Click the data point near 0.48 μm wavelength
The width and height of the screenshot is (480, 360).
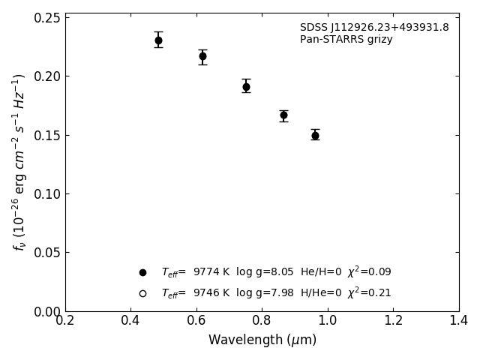[x=158, y=40]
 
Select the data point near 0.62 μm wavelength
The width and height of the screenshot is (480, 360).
[x=202, y=56]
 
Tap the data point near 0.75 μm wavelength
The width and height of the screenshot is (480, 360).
[x=246, y=87]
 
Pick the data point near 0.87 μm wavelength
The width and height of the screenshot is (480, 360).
[x=283, y=115]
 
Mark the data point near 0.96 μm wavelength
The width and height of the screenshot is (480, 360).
[x=315, y=136]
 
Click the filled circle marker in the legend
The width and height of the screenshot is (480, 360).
[x=142, y=272]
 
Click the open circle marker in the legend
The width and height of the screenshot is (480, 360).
[x=142, y=293]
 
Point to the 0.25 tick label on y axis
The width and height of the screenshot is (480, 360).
[x=46, y=18]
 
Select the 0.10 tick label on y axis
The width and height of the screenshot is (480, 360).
[x=46, y=194]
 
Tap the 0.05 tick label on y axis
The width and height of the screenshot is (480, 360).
[x=46, y=253]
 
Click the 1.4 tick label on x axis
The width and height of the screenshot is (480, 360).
[x=459, y=321]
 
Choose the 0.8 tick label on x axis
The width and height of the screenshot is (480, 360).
[x=262, y=321]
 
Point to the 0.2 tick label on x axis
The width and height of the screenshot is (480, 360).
[x=65, y=321]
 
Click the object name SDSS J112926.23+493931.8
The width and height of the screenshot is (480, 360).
[x=374, y=28]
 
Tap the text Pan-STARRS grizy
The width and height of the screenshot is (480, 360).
[x=346, y=40]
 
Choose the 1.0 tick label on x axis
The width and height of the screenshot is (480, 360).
[x=328, y=321]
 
